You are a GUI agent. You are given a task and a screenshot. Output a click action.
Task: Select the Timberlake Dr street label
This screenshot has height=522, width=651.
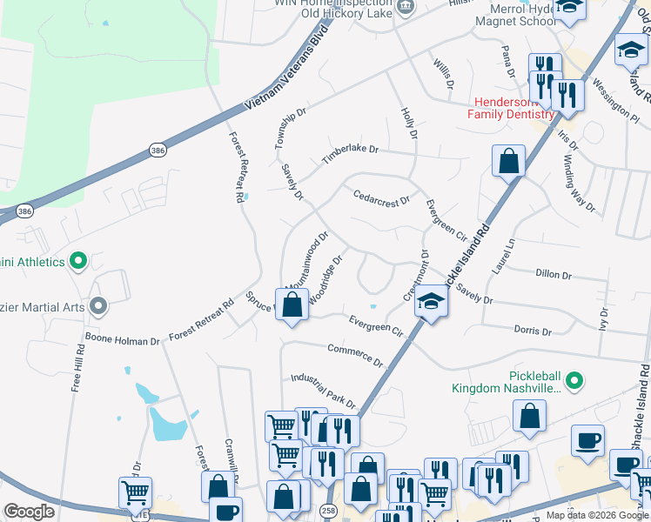350,154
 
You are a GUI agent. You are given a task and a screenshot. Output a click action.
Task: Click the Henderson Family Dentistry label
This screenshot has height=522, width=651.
511,107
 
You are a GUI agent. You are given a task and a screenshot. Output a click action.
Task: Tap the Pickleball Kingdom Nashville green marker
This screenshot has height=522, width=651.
574,380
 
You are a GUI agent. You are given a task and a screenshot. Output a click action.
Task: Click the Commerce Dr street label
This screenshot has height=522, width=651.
355,354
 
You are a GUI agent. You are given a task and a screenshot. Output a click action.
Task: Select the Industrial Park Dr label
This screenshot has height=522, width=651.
324,391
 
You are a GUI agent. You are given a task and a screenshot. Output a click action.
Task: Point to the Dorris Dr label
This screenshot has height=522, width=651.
533,331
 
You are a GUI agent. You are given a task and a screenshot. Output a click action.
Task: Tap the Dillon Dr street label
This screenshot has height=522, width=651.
554,275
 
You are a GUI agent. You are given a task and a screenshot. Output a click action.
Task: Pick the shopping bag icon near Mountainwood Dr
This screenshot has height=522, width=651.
293,304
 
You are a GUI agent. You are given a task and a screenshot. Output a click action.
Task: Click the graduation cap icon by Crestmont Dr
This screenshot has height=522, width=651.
430,301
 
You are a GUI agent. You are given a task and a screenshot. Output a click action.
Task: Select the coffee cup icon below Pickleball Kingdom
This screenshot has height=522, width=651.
588,440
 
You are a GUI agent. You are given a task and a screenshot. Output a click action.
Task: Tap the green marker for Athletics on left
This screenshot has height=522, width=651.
77,260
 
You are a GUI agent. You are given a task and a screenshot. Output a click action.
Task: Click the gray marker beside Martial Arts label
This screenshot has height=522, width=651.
98,305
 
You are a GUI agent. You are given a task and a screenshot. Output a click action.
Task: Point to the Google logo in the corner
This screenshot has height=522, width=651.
29,512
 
